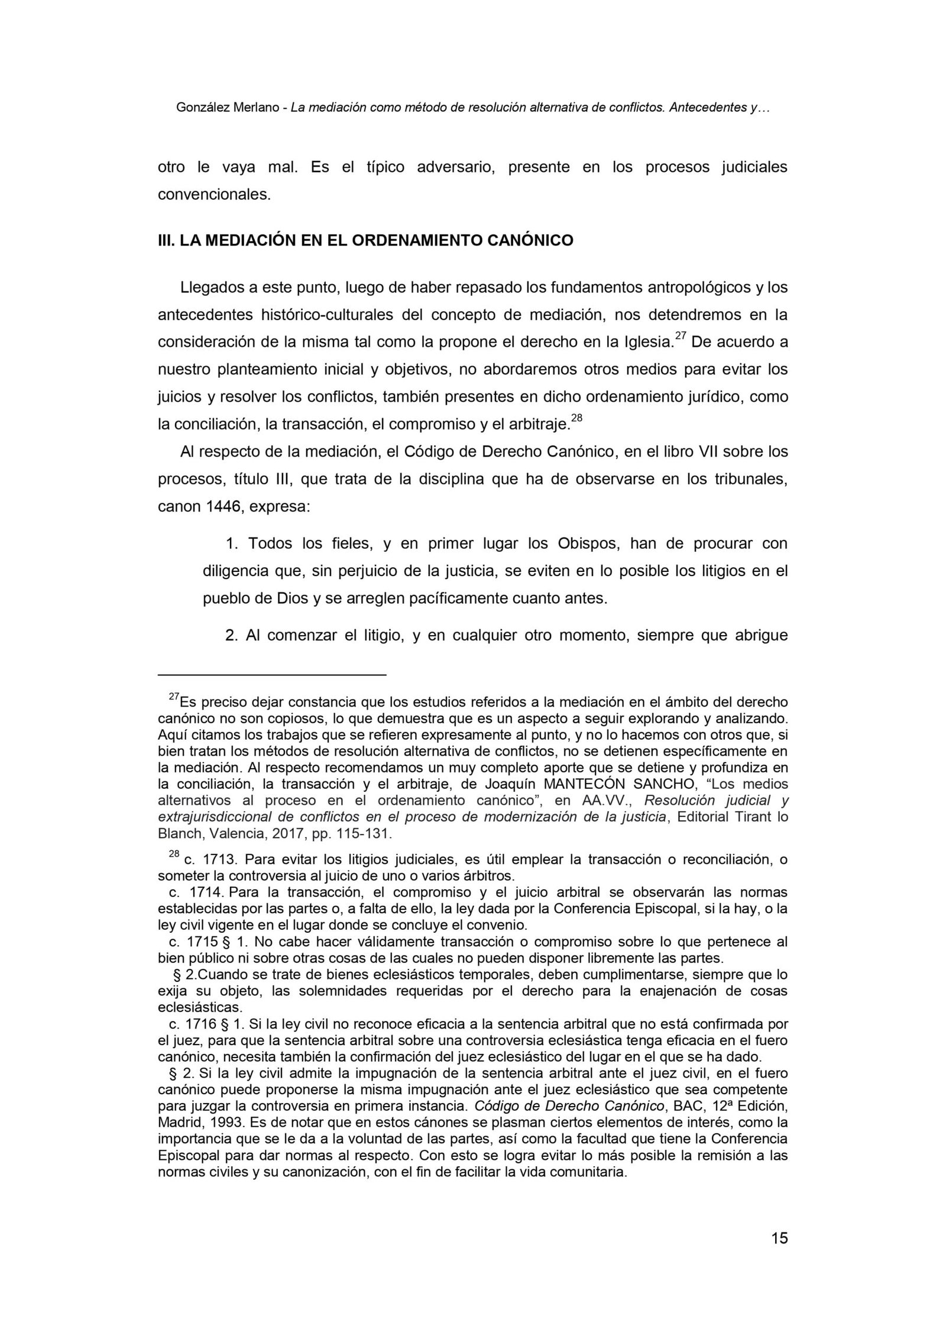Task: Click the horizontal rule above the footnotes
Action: click(x=272, y=674)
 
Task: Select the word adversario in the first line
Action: click(x=454, y=167)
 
